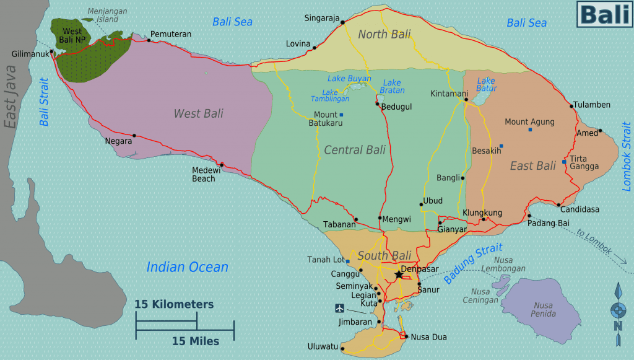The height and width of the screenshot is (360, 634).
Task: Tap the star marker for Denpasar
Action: point(398,273)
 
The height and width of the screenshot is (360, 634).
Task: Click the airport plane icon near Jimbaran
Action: point(339,308)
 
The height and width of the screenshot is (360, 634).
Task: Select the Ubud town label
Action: point(433,201)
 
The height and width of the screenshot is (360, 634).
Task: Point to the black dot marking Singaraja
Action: point(342,20)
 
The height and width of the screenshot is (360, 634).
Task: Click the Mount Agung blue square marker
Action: point(530,130)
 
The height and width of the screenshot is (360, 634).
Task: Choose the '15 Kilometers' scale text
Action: point(174,304)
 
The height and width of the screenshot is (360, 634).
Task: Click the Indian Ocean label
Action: point(187,267)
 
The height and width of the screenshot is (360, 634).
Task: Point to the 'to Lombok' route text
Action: point(594,242)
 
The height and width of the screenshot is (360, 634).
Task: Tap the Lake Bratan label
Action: point(392,86)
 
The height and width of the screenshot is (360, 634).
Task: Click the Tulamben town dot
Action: point(572,105)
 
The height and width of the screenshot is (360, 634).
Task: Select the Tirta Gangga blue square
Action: point(564,162)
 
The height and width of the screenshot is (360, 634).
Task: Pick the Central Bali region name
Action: point(354,150)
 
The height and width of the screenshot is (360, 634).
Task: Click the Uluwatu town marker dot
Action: point(342,349)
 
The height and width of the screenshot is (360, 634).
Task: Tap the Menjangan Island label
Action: point(103,15)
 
